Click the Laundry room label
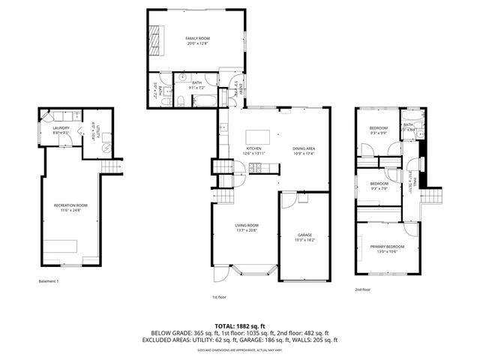[61, 128]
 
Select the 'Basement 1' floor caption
[48, 281]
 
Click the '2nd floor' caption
[363, 289]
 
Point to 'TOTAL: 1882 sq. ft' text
[240, 325]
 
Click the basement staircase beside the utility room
[112, 166]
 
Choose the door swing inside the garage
[289, 200]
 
